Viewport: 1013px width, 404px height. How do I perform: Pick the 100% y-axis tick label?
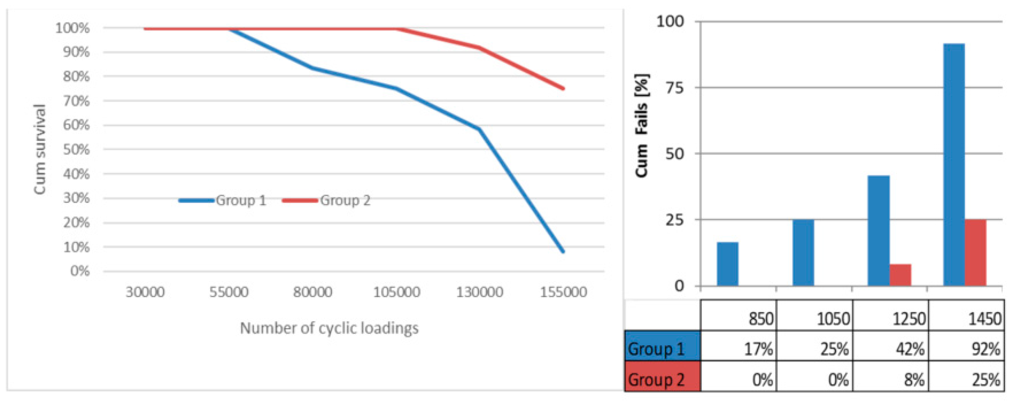72,28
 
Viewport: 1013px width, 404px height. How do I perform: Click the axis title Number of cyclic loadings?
329,328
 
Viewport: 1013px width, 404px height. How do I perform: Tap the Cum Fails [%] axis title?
641,126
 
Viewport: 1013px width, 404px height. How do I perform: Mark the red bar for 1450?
976,252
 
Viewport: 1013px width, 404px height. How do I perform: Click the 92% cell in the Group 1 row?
967,349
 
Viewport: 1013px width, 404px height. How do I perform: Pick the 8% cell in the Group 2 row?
891,380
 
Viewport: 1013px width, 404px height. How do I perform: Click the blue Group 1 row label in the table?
662,349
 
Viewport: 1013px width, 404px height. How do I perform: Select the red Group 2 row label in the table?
662,380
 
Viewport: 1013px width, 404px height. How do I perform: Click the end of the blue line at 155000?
563,251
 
